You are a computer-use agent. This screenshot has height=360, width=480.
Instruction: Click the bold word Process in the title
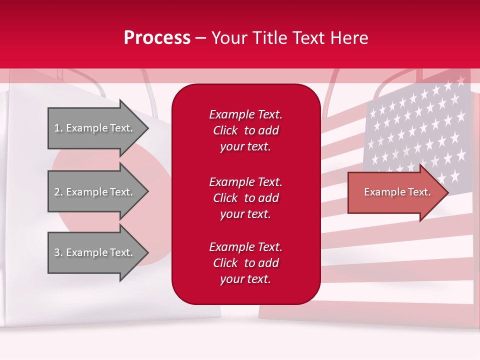157,38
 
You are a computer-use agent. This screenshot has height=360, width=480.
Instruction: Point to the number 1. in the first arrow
58,128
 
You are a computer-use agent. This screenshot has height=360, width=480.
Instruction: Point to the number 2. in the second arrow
58,192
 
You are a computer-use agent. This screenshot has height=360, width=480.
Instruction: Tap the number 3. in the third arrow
58,252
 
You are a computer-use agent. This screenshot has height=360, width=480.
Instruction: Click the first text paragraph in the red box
245,130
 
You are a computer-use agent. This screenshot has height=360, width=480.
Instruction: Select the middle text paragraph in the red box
245,198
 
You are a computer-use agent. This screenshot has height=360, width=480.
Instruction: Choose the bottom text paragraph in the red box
245,263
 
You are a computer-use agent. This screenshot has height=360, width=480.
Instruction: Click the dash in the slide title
201,38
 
